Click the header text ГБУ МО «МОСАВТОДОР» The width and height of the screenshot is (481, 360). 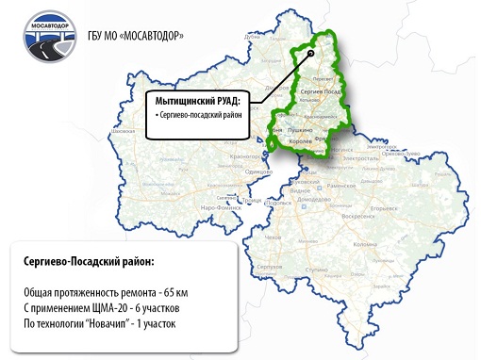pos(138,38)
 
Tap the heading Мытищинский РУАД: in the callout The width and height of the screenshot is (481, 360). pos(197,99)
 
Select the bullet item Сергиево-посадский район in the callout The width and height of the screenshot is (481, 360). pos(199,114)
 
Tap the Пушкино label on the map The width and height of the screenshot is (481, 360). pos(300,124)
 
